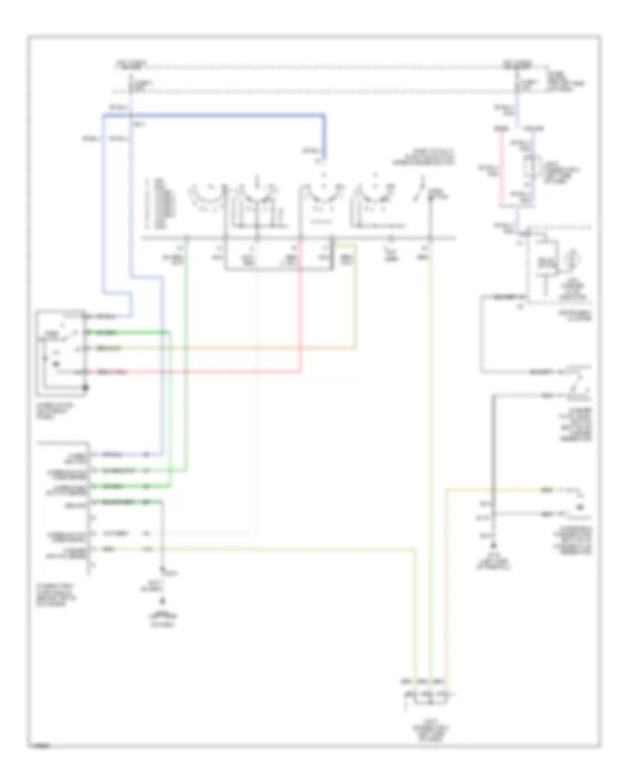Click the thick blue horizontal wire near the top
(228, 114)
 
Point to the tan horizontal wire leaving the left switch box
(228, 348)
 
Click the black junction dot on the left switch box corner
(87, 388)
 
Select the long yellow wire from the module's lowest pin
(284, 549)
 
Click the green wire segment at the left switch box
(128, 332)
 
